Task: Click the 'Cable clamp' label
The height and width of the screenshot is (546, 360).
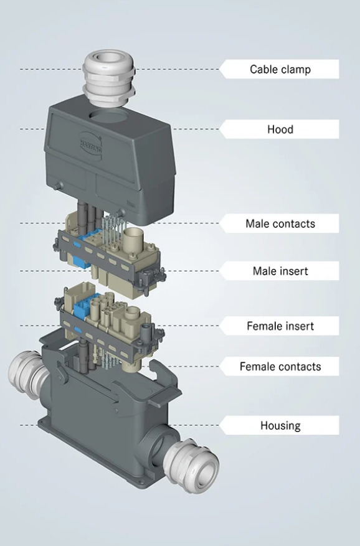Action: (280, 69)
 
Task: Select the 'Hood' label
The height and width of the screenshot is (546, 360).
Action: (280, 129)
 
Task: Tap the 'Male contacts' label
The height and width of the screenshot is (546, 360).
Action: (280, 224)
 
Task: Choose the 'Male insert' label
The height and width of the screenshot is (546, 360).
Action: (280, 271)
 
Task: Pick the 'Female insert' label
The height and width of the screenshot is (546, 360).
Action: (280, 326)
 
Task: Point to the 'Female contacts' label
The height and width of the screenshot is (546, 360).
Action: (280, 366)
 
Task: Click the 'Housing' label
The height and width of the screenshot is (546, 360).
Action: (280, 425)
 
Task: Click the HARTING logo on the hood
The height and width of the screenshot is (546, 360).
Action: (90, 142)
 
